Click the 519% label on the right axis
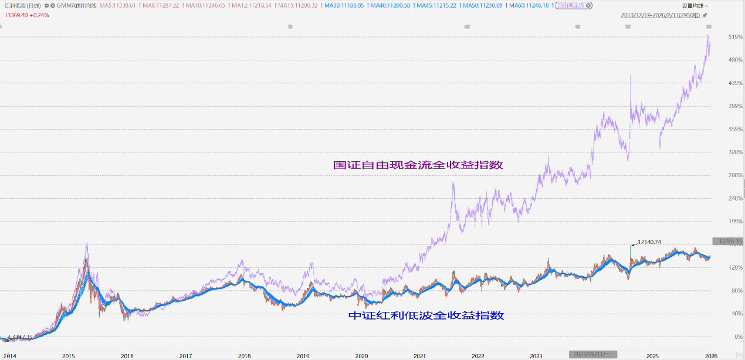[719, 37]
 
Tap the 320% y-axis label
[719, 152]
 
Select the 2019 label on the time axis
[303, 356]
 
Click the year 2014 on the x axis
[10, 356]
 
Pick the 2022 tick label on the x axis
[478, 356]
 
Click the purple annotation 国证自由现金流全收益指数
[418, 165]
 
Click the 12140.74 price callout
[649, 242]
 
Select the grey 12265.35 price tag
[727, 241]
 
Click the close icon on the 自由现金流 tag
[588, 5]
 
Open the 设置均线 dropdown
[695, 5]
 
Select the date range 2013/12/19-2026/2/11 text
[659, 15]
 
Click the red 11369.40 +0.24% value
[27, 15]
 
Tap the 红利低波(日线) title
[23, 5]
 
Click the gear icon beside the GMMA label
[47, 5]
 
